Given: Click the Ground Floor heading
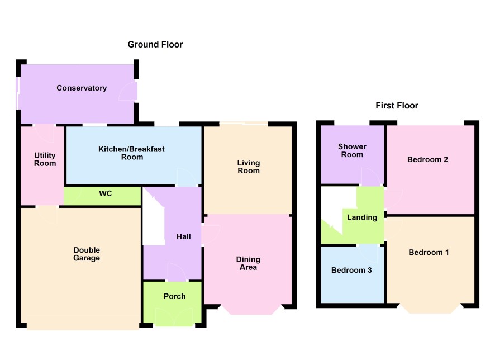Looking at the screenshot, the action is point(155,45).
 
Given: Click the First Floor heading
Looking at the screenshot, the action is point(397,106).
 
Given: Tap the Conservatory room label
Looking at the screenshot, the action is point(82,88).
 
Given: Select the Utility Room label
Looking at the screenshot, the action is point(45,159).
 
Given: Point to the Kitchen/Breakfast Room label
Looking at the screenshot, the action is point(132,153).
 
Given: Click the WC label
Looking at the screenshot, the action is point(106,193).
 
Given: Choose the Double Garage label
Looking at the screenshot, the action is point(87,254).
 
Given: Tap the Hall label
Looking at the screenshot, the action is point(184,236).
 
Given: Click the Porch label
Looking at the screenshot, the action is point(174,296).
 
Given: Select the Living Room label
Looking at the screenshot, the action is point(249,167).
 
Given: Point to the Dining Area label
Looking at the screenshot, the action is point(248,263).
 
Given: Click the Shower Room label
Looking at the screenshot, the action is point(352,150).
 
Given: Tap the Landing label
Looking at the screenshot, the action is point(362,217).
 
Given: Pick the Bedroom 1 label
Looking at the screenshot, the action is point(429,252).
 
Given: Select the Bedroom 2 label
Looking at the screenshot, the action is point(427,159).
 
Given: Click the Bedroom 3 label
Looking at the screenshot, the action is point(351,270).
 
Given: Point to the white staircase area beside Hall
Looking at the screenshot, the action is point(154,218).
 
